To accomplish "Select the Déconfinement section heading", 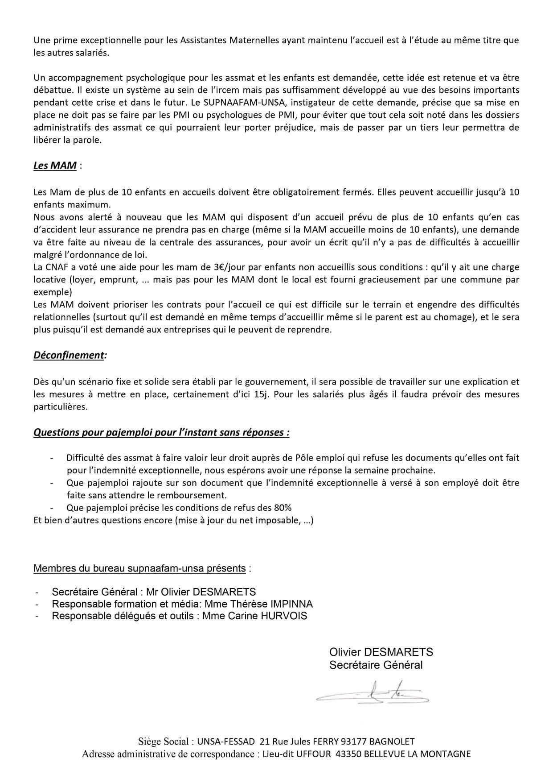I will point(69,355).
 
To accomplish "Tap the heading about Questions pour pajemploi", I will point(161,432).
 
